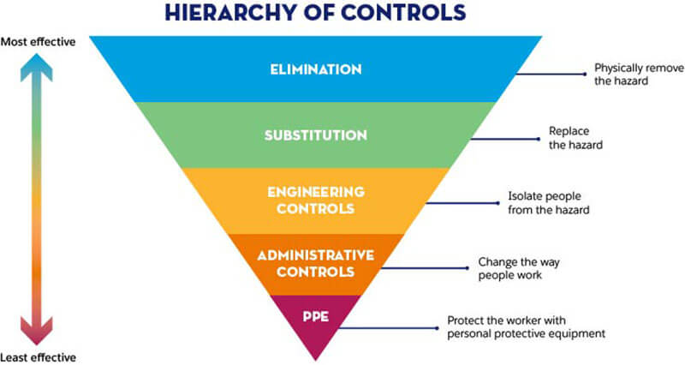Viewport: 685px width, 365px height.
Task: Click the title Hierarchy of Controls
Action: [317, 13]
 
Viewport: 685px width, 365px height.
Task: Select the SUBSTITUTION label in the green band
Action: [316, 135]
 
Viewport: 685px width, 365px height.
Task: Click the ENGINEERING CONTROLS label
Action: [315, 200]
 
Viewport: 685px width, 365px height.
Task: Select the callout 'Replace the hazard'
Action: [575, 139]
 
